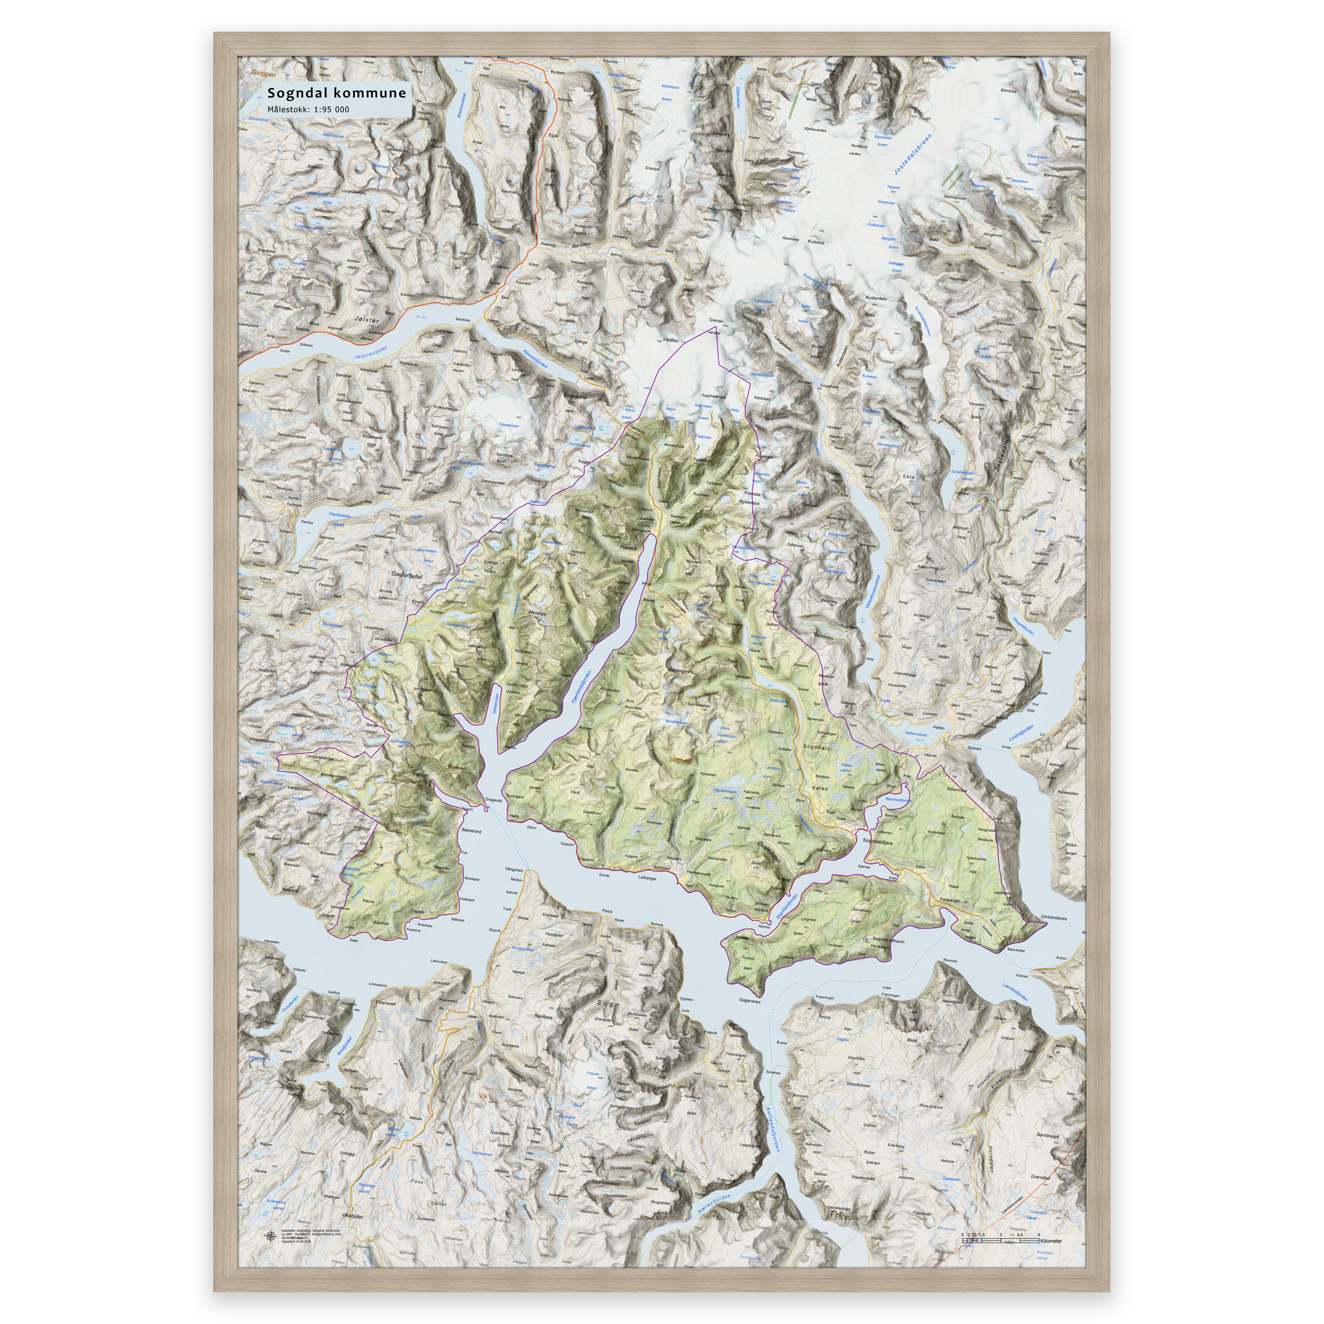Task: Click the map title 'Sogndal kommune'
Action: (x=336, y=93)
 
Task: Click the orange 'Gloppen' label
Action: (x=263, y=73)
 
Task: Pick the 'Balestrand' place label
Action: (x=471, y=831)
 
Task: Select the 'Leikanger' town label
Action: (x=648, y=877)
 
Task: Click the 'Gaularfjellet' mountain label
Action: (x=407, y=577)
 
